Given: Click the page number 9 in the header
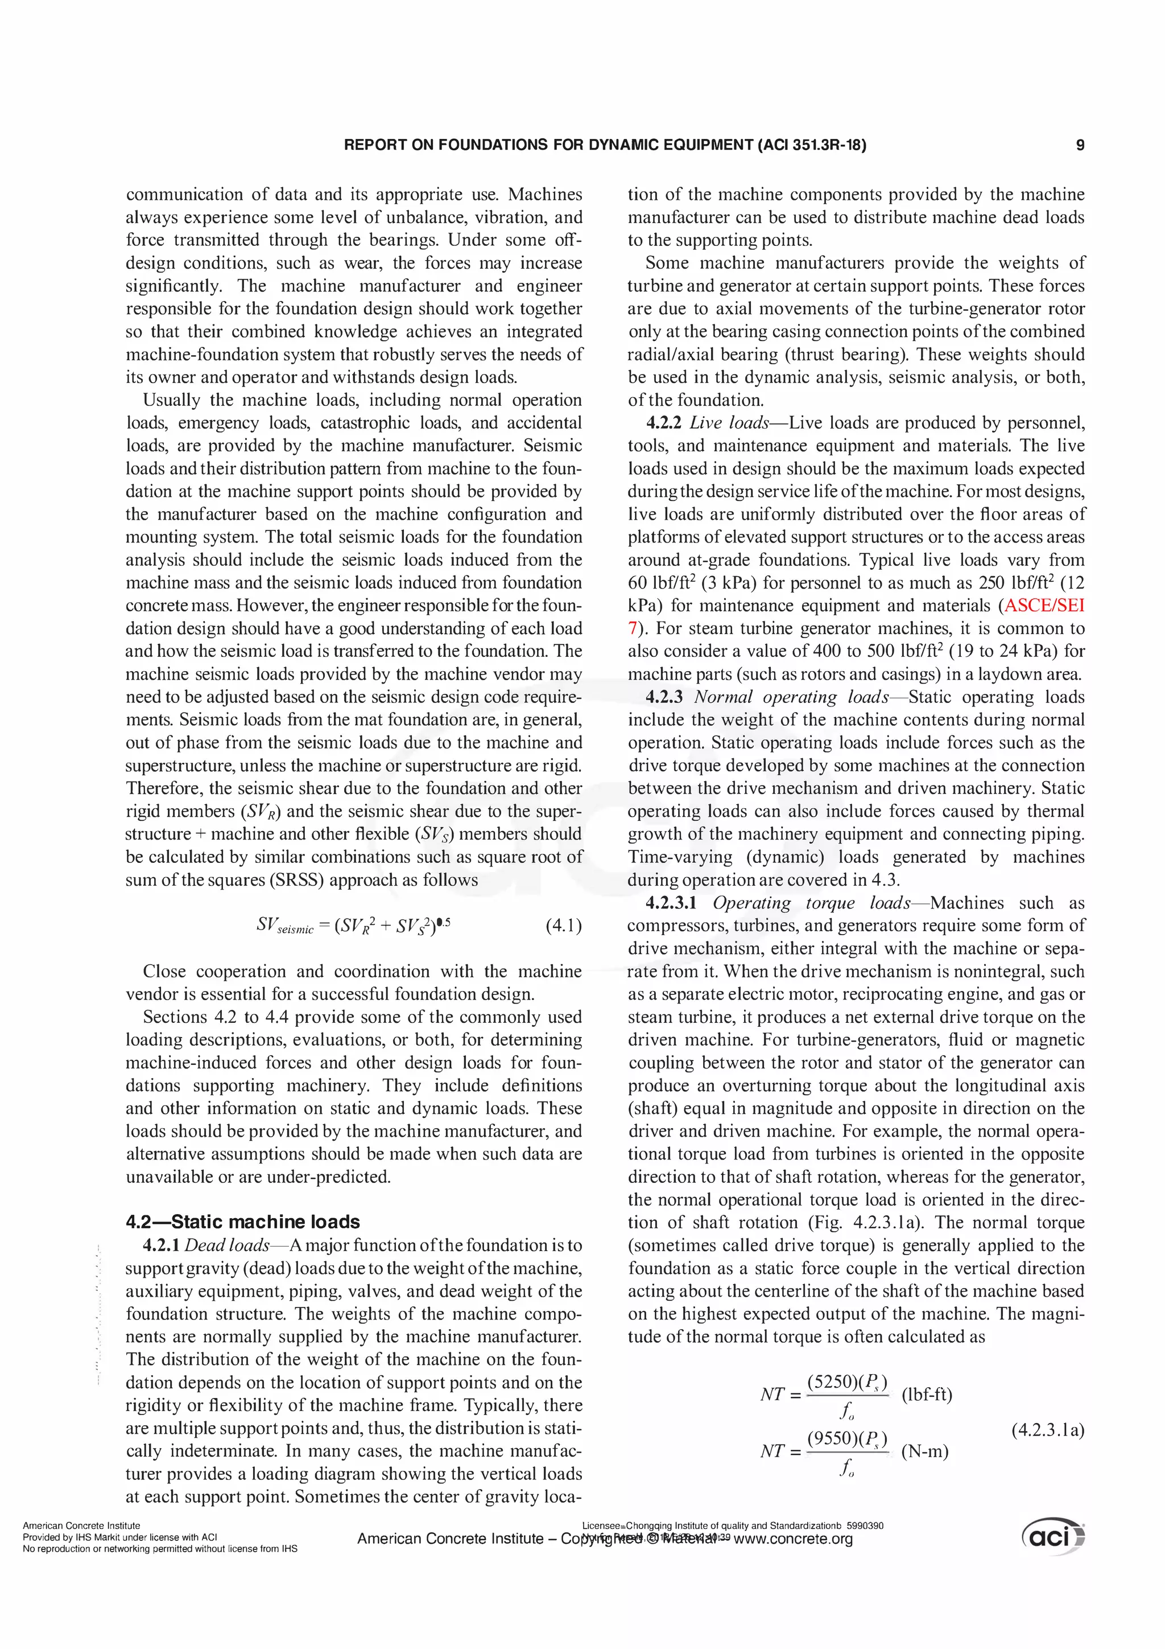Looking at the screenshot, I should tap(1080, 145).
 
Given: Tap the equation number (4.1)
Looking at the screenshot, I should tap(564, 925).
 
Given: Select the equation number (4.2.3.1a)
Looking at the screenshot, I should tap(1047, 1430).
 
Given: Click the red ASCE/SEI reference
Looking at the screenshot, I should tap(1045, 606).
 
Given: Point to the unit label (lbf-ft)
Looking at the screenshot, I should tap(926, 1395).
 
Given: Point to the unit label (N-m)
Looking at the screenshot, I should tap(924, 1451).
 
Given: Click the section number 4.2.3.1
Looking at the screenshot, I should tap(671, 903).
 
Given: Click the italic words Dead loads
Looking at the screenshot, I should tap(227, 1245).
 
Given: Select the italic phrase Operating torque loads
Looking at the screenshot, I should tap(812, 903).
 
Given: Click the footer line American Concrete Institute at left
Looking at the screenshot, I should tap(81, 1525).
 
